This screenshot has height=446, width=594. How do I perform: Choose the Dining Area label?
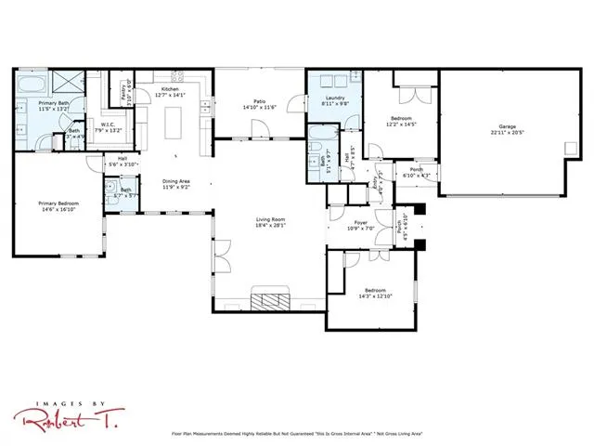click(176, 182)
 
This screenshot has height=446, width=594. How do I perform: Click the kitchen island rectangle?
click(174, 121)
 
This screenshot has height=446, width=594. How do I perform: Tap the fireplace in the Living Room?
click(273, 300)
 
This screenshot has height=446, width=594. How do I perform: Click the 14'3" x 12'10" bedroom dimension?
click(374, 295)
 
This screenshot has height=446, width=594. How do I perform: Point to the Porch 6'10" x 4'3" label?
click(417, 173)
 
